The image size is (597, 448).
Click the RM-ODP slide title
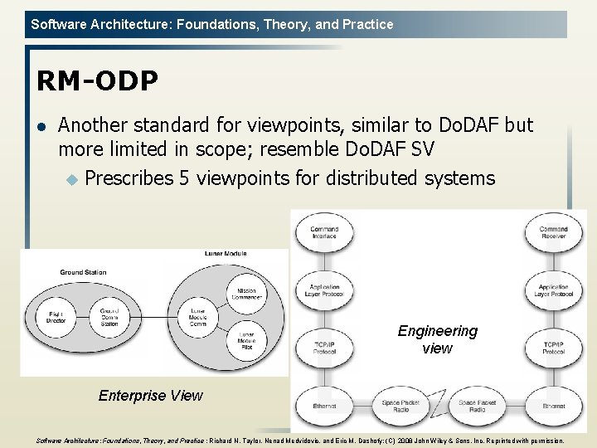96,80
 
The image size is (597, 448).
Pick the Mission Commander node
247,293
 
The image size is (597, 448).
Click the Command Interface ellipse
323,233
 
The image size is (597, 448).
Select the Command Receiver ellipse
553,233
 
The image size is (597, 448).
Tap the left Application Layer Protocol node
323,290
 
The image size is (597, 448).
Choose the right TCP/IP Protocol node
553,347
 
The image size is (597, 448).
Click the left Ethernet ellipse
323,406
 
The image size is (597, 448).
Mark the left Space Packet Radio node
401,406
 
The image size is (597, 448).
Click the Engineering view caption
437,339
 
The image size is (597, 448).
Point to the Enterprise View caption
150,396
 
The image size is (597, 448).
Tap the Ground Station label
83,272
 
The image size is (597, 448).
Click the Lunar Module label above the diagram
226,253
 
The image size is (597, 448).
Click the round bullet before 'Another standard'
40,126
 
